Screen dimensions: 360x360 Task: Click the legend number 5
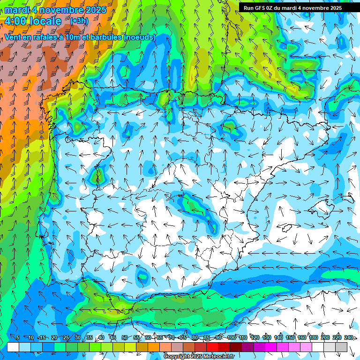pos(18,337)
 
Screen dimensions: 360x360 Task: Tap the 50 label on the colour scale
pos(124,337)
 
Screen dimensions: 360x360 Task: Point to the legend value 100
pos(231,337)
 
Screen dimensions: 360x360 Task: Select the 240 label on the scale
pos(348,337)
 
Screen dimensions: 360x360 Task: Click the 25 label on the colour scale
pos(66,337)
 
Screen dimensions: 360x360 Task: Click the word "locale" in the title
pos(45,21)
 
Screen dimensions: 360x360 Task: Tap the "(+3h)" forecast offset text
pos(78,21)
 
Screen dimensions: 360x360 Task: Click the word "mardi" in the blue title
pos(17,10)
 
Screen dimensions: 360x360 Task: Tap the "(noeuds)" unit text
pos(139,37)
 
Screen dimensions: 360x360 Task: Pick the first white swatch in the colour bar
pos(13,347)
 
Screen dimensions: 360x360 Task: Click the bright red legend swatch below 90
pos(212,347)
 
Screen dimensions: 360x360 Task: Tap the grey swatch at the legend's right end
pos(341,347)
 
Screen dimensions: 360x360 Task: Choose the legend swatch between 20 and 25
pos(60,347)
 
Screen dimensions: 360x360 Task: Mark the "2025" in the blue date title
pos(90,10)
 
